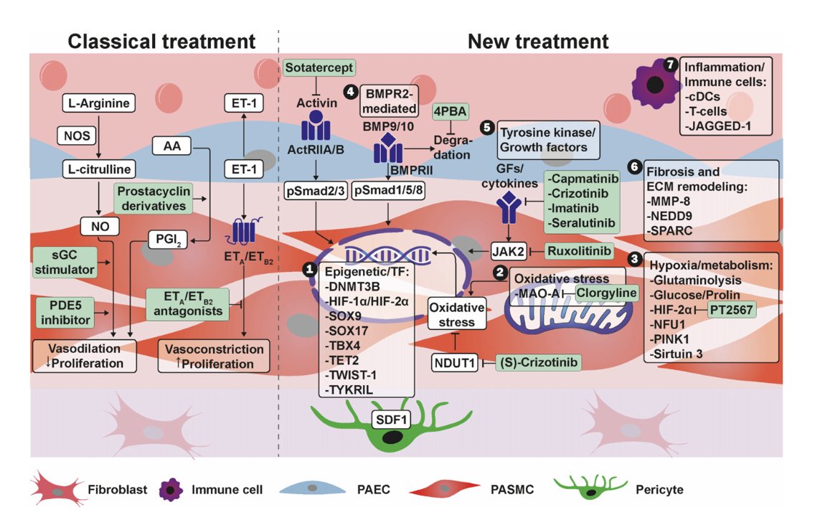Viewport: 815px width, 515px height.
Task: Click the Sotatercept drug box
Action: point(319,68)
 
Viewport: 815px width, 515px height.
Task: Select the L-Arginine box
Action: point(98,103)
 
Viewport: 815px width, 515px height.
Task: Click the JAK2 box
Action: point(508,250)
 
